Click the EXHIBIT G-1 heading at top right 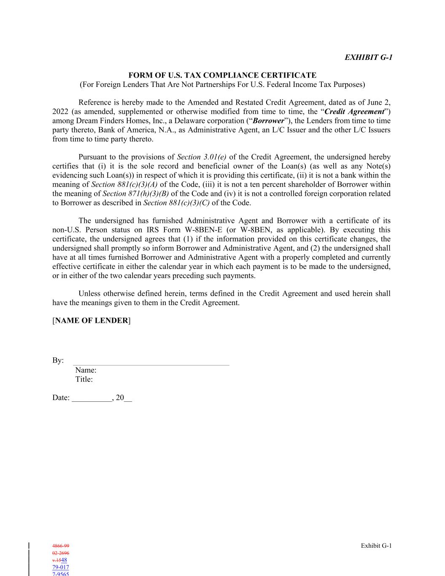(x=368, y=57)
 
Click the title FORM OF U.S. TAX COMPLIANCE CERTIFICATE (x=222, y=75)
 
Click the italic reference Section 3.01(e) (x=202, y=157)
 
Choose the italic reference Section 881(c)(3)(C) (x=176, y=203)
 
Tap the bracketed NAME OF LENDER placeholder (x=92, y=320)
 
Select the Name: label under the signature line (x=86, y=370)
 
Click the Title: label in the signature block (x=84, y=379)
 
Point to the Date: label (x=61, y=398)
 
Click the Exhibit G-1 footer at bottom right (x=376, y=546)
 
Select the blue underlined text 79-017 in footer (x=61, y=567)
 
